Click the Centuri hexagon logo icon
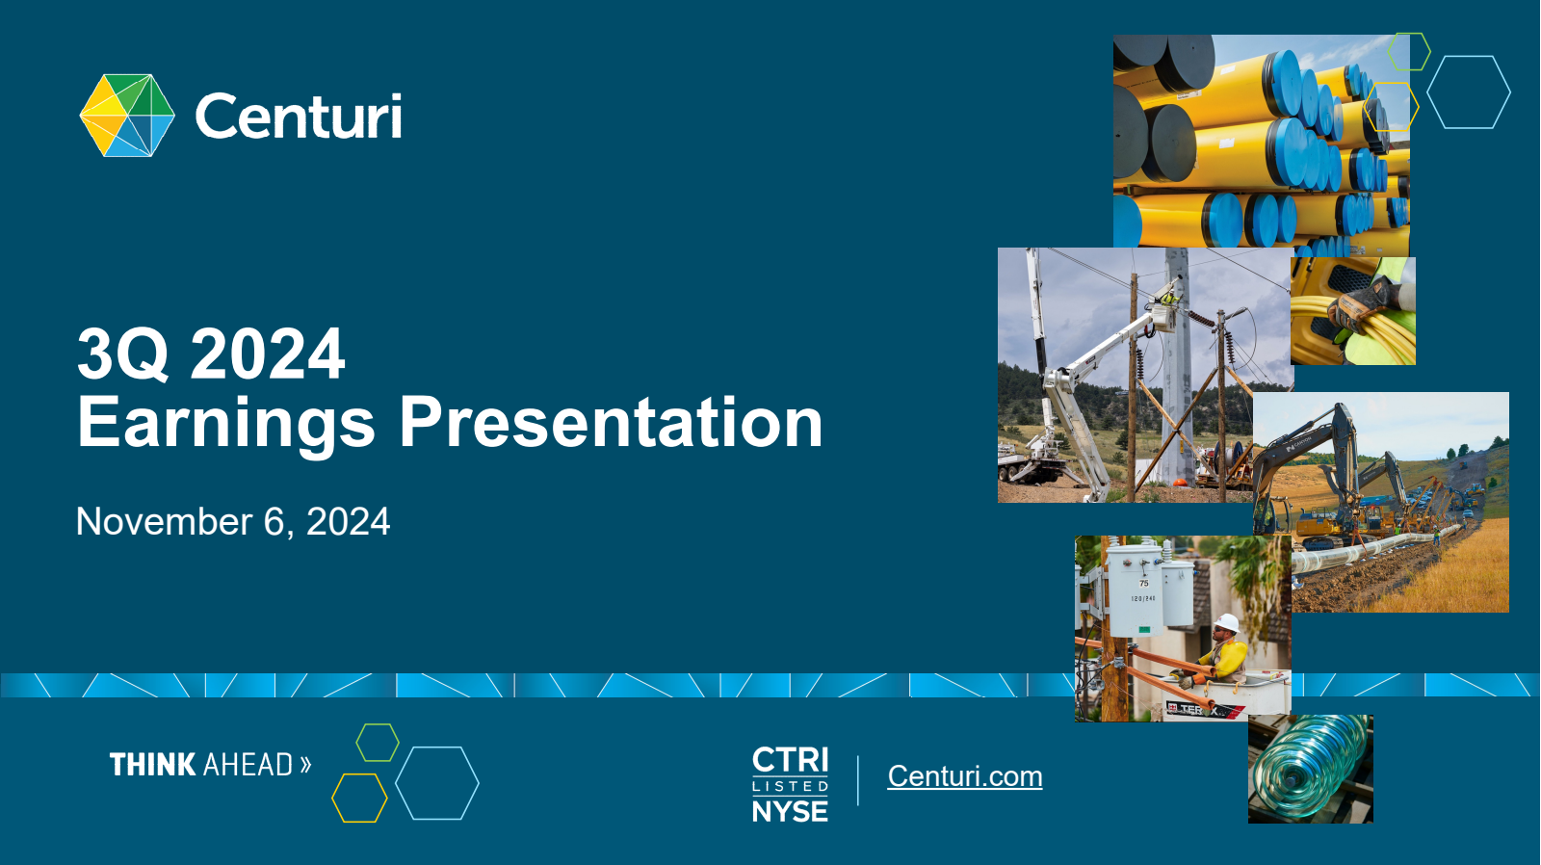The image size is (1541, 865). pos(127,116)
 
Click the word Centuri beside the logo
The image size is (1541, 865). pos(299,116)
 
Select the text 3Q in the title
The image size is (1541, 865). pos(123,354)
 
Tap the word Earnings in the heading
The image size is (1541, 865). pos(225,424)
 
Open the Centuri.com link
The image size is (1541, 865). pos(964,776)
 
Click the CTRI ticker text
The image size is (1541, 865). pos(791,760)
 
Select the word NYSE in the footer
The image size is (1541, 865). pos(791,812)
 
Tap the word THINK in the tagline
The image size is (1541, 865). pos(153,765)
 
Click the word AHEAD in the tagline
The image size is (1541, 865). pos(248,765)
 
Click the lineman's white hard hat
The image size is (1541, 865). pos(1227,623)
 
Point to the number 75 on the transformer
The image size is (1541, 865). pos(1144,583)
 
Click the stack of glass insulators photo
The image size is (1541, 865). pos(1311,770)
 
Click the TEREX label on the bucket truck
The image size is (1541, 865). pos(1200,710)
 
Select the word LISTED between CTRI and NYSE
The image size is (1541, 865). pos(791,787)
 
